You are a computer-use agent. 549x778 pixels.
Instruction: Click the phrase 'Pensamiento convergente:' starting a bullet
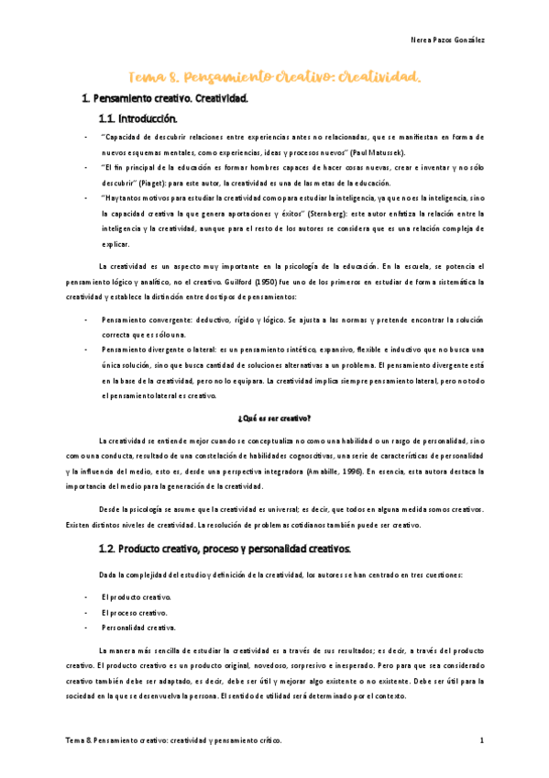click(143, 317)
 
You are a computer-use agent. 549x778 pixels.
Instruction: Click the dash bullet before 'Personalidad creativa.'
click(86, 628)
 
